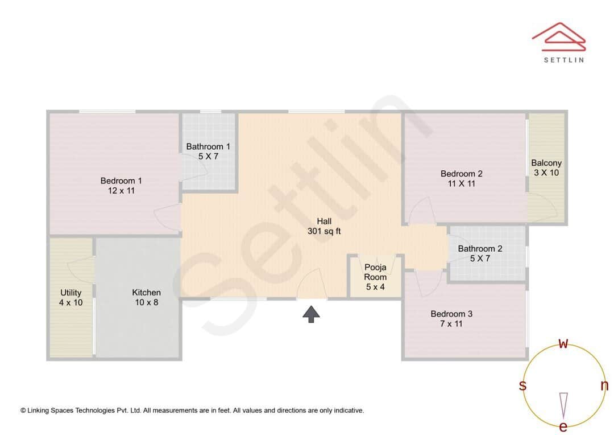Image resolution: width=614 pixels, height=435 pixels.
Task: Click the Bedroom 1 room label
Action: pos(121,186)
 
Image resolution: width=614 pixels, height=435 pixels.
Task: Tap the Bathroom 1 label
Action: pos(208,151)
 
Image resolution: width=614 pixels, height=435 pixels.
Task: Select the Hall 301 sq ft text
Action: pos(324,226)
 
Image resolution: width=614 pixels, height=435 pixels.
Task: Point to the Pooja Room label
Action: pos(375,277)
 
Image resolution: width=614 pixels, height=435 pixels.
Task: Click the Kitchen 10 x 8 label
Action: pos(146,297)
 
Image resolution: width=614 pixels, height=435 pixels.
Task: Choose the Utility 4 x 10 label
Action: pos(70,297)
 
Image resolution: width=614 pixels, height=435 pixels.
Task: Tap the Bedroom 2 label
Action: pos(461,179)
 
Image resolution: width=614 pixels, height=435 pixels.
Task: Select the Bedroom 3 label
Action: pos(451,319)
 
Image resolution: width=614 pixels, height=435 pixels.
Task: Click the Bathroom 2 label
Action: pos(480,253)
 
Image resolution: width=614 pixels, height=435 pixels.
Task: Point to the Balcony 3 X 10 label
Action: pos(546,168)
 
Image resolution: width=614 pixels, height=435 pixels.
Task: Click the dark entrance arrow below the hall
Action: pos(311,314)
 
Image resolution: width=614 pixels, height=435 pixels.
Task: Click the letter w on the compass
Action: pos(563,343)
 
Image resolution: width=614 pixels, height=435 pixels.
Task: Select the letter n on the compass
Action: pos(604,385)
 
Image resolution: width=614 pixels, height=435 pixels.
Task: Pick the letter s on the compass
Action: pos(522,385)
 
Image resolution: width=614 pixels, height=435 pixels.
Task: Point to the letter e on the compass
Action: pos(563,426)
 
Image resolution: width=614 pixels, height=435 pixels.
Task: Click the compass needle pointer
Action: pos(563,404)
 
